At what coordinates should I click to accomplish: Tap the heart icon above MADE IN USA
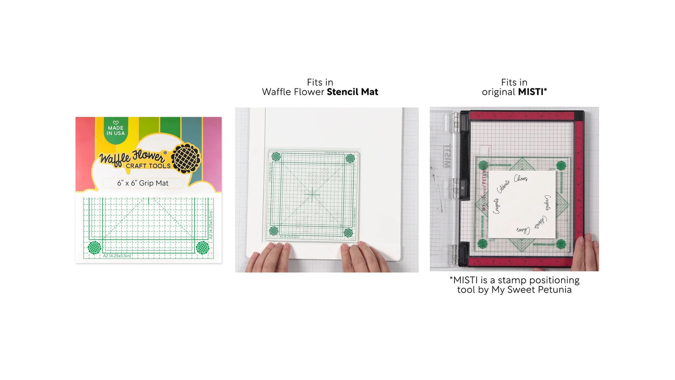(116, 122)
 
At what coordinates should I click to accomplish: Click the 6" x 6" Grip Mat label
(143, 183)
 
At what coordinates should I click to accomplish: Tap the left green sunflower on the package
(94, 247)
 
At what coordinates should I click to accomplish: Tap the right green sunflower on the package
(202, 247)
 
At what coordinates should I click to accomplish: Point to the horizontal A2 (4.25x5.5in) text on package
(117, 256)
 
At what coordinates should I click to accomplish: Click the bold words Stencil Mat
(352, 92)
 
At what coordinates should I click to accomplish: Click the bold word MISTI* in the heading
(532, 92)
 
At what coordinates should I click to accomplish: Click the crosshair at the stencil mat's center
(312, 194)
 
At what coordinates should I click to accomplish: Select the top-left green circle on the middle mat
(276, 157)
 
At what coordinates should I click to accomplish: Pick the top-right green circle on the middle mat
(350, 158)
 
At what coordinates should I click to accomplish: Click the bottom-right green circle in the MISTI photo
(561, 243)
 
